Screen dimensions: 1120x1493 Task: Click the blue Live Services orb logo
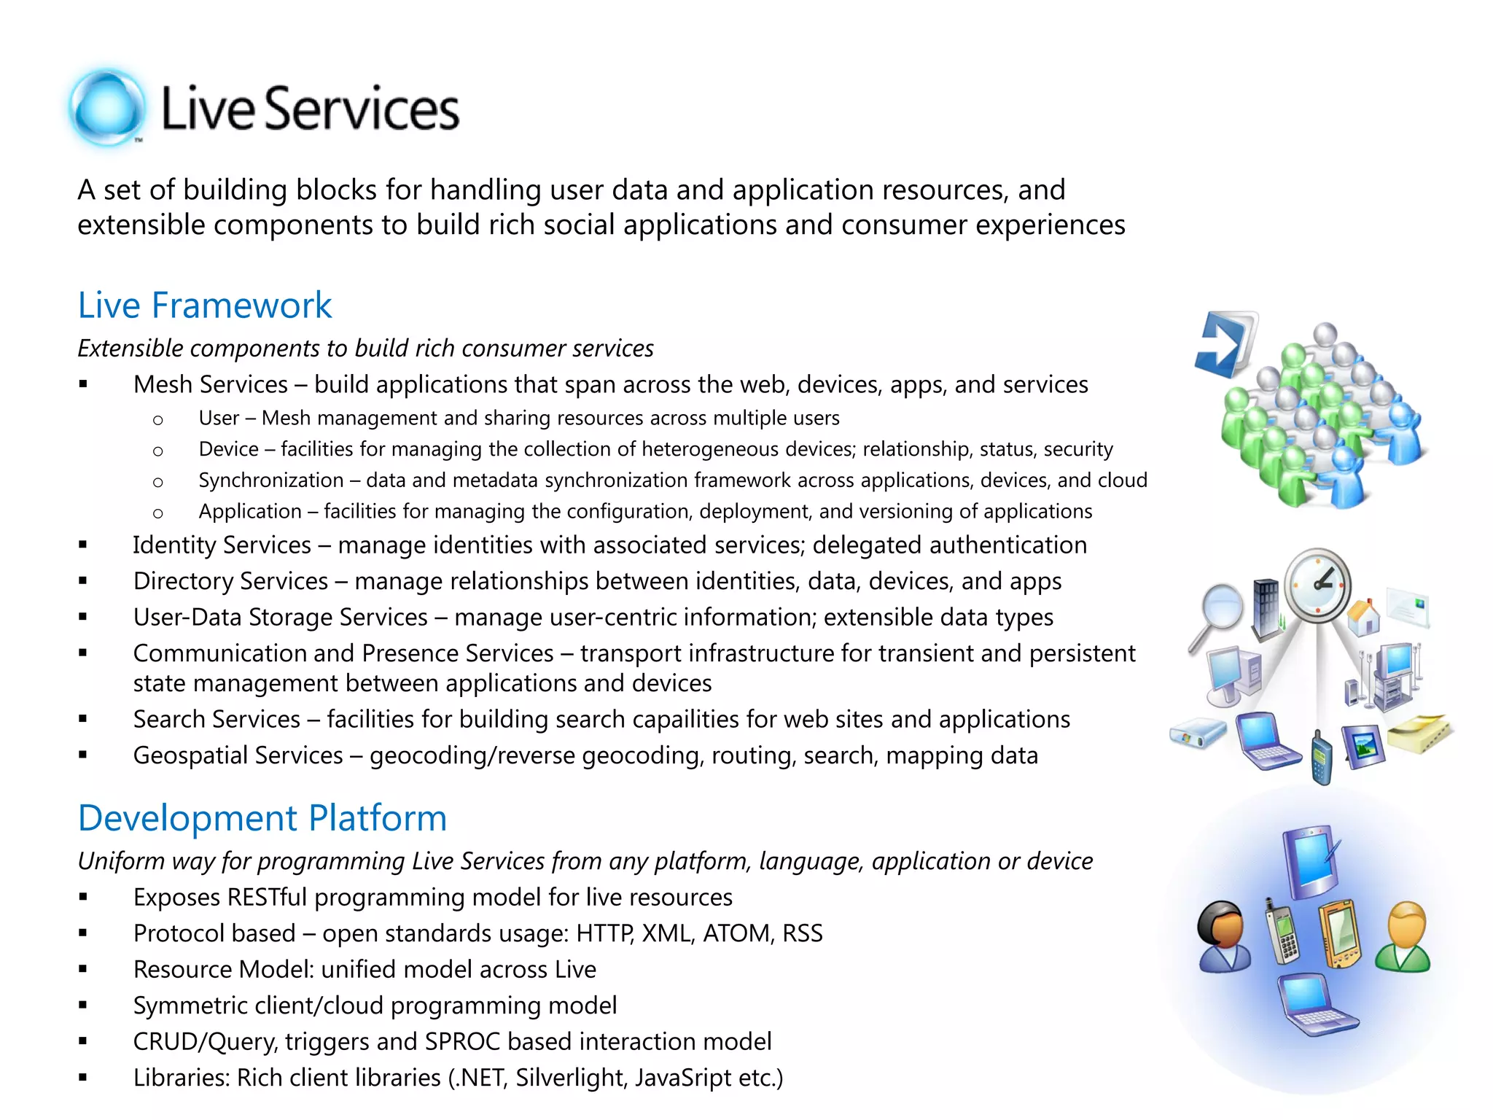pyautogui.click(x=107, y=109)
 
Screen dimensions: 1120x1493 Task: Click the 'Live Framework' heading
pyautogui.click(x=204, y=305)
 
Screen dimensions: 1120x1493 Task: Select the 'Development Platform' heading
pyautogui.click(x=262, y=817)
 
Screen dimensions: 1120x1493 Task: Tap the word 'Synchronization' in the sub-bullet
pyautogui.click(x=270, y=480)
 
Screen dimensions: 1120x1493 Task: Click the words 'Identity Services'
pyautogui.click(x=222, y=545)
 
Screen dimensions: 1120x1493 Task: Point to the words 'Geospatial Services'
pyautogui.click(x=238, y=755)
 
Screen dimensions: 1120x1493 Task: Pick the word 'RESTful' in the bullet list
pyautogui.click(x=267, y=897)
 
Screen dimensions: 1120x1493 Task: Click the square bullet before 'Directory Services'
pyautogui.click(x=83, y=581)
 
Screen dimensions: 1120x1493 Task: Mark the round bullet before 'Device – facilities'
pyautogui.click(x=157, y=451)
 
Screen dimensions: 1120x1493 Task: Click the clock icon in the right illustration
pyautogui.click(x=1317, y=585)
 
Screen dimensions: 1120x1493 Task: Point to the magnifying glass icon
pyautogui.click(x=1217, y=611)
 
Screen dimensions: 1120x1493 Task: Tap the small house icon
pyautogui.click(x=1363, y=618)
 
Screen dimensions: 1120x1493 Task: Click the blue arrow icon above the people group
pyautogui.click(x=1225, y=343)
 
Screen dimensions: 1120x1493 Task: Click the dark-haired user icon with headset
pyautogui.click(x=1224, y=936)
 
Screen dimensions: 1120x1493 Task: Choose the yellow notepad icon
pyautogui.click(x=1420, y=733)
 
